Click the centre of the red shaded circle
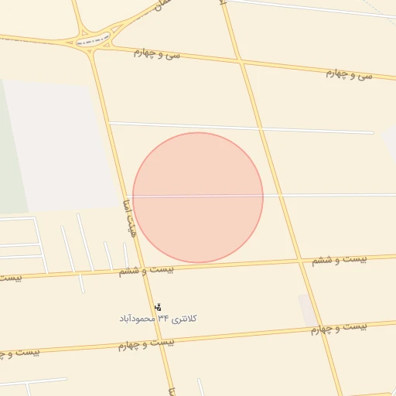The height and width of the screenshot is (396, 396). [x=198, y=197]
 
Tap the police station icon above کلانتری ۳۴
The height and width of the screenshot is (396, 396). [x=159, y=307]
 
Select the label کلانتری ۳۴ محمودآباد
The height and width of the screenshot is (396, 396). [x=158, y=318]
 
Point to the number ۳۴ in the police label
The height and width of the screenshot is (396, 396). [x=163, y=318]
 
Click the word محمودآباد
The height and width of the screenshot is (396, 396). [x=136, y=318]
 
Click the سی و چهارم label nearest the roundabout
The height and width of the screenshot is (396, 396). [x=157, y=53]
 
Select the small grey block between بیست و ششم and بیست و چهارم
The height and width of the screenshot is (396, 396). [x=308, y=309]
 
